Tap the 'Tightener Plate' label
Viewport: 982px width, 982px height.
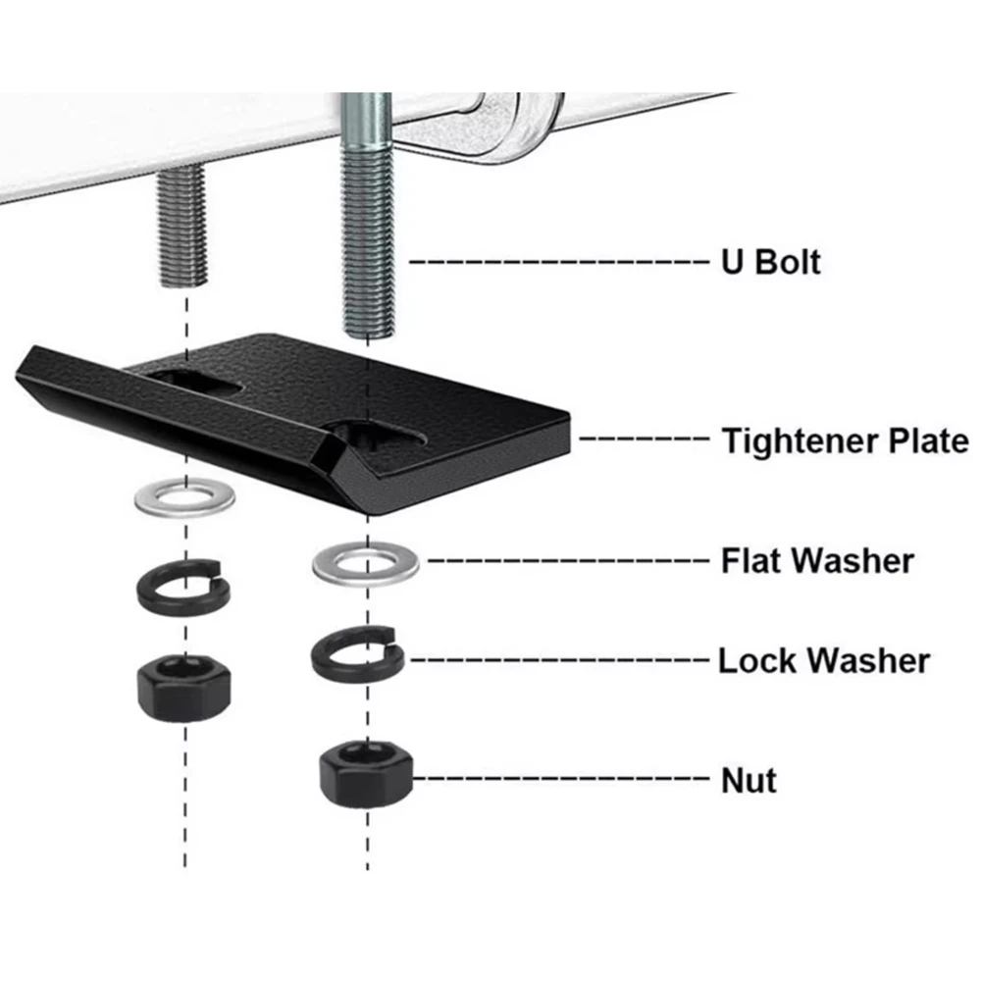coord(845,440)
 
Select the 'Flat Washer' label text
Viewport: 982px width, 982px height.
coord(817,561)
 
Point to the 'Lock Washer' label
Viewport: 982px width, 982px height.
coord(824,659)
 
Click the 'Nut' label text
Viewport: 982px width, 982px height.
coord(749,780)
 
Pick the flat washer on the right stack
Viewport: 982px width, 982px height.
coord(366,564)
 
